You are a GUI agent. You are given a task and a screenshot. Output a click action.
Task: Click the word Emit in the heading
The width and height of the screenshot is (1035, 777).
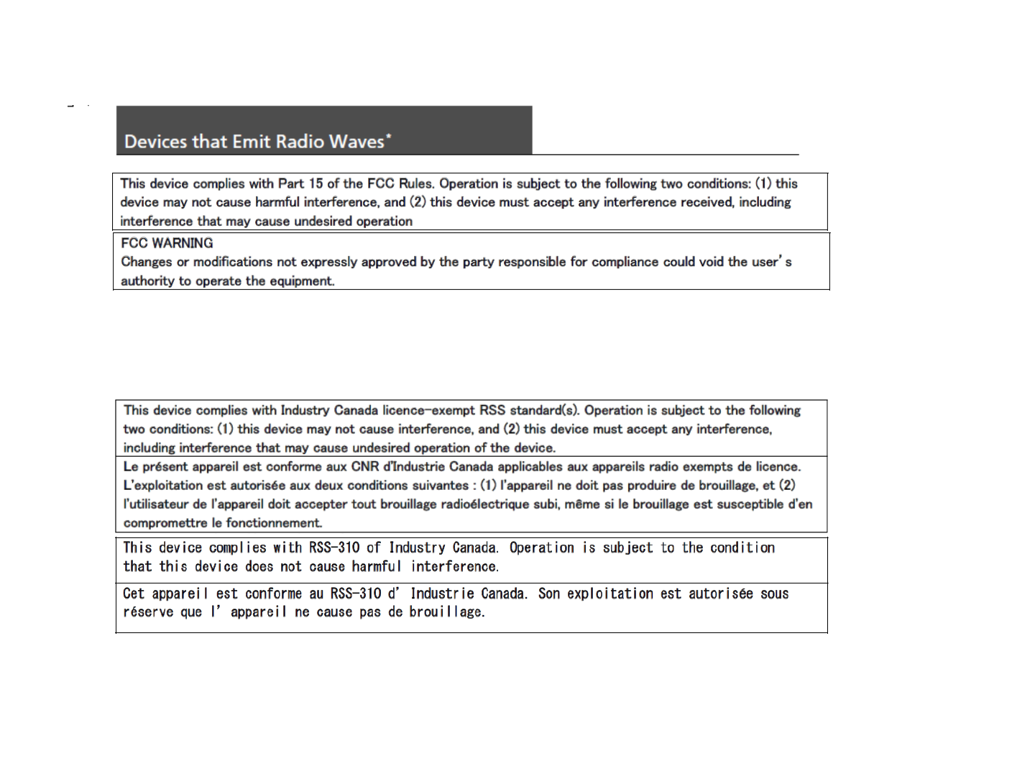click(x=252, y=142)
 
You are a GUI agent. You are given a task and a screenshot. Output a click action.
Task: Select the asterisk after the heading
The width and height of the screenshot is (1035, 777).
click(x=389, y=136)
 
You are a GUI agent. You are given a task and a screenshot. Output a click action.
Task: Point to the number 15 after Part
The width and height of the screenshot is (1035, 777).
click(x=316, y=183)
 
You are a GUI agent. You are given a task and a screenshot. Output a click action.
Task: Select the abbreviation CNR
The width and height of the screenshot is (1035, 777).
click(x=365, y=466)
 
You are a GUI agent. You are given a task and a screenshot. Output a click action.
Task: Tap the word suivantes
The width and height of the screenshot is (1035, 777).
click(x=441, y=485)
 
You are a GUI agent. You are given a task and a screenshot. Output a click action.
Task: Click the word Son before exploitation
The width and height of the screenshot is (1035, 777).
click(x=549, y=594)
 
